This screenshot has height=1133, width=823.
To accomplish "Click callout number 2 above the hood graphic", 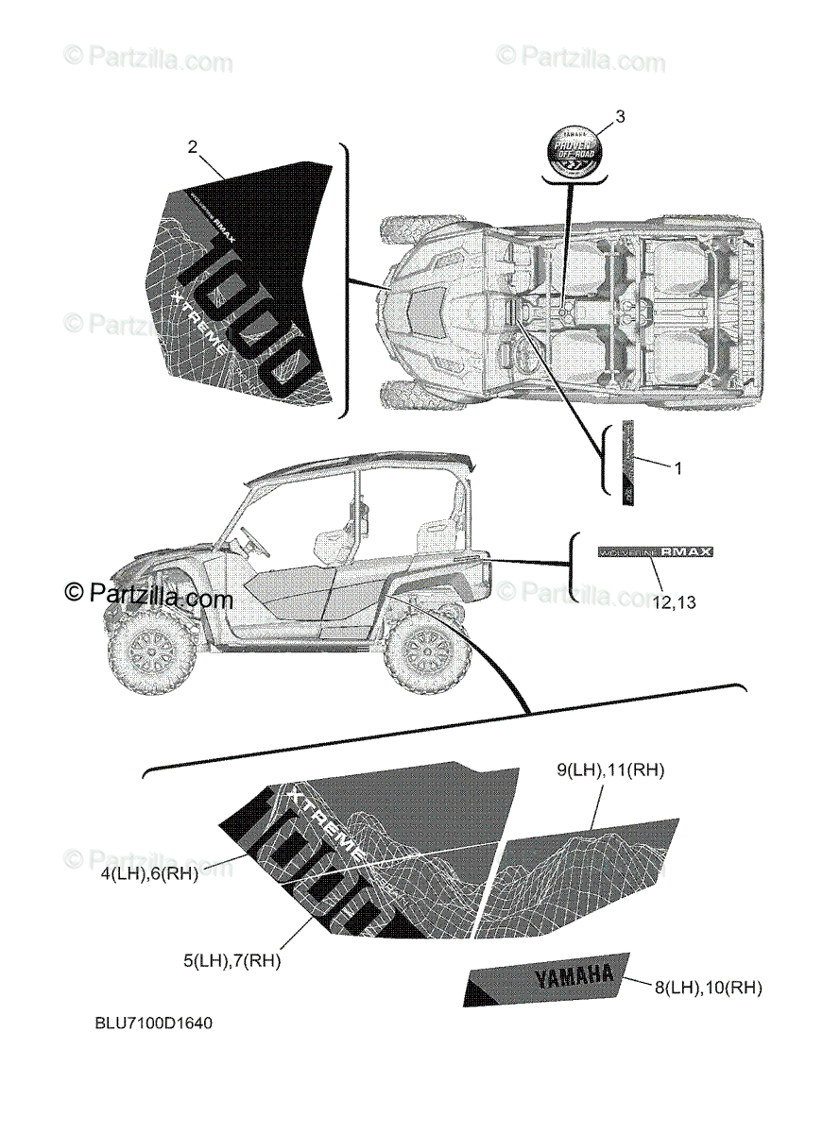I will (x=193, y=146).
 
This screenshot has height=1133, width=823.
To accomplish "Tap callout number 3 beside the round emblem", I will (x=620, y=117).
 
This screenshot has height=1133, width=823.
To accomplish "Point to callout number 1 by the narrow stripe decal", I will (x=676, y=466).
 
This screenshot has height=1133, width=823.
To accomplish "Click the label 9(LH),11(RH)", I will (x=610, y=770).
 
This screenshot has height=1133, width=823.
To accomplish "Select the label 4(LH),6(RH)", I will (x=150, y=874).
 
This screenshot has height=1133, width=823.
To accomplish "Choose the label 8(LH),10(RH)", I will (x=708, y=988).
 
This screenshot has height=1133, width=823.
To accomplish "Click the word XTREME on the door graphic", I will (x=325, y=819).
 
